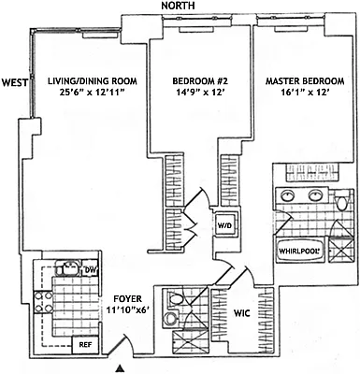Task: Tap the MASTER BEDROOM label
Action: [x=305, y=82]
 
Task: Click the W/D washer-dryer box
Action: [x=225, y=226]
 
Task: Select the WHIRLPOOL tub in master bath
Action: [x=299, y=251]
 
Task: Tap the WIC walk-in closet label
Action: [x=241, y=313]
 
